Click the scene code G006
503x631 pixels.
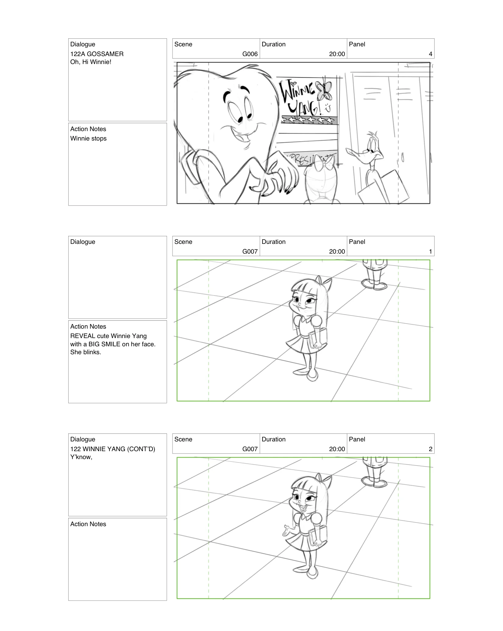point(250,54)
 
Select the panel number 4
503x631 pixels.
point(430,54)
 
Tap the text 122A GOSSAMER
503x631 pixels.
point(97,54)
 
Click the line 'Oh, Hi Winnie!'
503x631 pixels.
point(91,62)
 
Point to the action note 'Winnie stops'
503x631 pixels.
point(88,138)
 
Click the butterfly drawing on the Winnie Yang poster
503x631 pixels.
point(324,91)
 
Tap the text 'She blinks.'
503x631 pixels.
point(85,352)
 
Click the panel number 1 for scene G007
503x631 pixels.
point(430,251)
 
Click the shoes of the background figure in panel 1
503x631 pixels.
point(374,285)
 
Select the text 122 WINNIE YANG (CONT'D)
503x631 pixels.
point(112,449)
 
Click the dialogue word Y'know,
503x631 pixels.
point(81,457)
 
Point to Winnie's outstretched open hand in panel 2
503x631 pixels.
point(287,531)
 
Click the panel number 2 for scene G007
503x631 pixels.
point(430,449)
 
